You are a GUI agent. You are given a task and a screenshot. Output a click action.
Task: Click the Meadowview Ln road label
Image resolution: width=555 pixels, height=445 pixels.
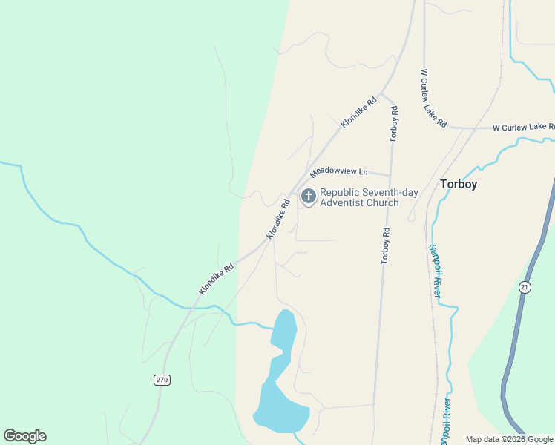pyautogui.click(x=339, y=171)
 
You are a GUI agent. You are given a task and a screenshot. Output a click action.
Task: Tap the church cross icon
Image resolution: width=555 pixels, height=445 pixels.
pyautogui.click(x=307, y=197)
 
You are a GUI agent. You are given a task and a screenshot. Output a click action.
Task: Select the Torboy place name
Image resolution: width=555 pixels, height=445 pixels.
pyautogui.click(x=459, y=184)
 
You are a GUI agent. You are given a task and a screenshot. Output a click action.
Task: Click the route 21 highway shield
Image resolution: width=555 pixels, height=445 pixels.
pyautogui.click(x=525, y=287)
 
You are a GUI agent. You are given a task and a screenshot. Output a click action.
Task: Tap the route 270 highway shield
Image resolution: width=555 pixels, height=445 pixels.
pyautogui.click(x=162, y=380)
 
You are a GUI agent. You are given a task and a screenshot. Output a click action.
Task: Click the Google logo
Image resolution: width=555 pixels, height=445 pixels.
pyautogui.click(x=24, y=436)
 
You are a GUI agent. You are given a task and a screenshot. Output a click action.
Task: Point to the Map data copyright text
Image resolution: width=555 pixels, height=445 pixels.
pyautogui.click(x=510, y=439)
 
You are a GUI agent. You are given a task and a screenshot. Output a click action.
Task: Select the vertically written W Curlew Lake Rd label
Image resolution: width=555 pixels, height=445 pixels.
pyautogui.click(x=433, y=99)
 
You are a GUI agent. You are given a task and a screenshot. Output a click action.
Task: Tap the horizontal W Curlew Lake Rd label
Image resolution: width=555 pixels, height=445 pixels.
pyautogui.click(x=523, y=128)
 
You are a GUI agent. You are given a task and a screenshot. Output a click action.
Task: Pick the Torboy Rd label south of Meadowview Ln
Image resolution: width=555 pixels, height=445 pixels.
pyautogui.click(x=385, y=245)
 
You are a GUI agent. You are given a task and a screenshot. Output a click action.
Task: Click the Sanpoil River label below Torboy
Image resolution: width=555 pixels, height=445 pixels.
pyautogui.click(x=435, y=271)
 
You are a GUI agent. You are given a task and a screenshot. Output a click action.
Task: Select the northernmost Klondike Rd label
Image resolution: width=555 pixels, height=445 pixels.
pyautogui.click(x=358, y=112)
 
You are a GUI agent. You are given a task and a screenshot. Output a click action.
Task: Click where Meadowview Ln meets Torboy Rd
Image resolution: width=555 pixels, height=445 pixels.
pyautogui.click(x=390, y=176)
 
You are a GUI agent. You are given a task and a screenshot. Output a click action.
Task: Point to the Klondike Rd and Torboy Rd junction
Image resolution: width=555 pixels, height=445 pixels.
pyautogui.click(x=381, y=96)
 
